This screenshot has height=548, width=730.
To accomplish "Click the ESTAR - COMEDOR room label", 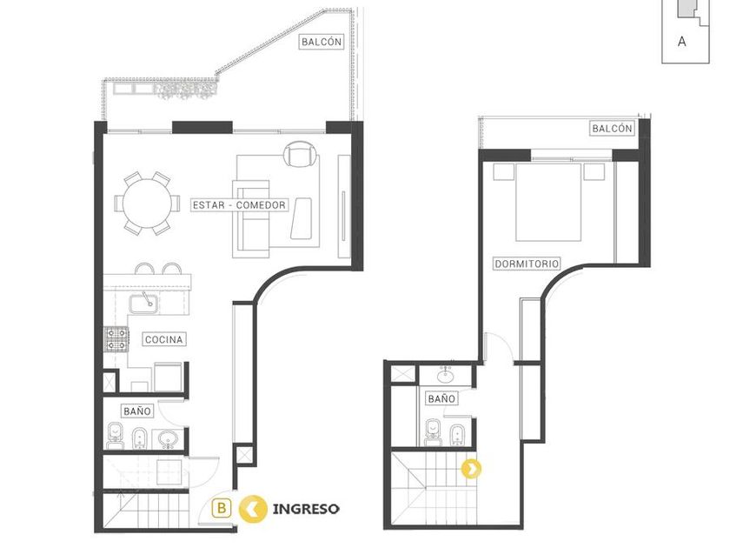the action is coord(239,205).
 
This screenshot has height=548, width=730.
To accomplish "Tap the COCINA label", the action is coord(164,339).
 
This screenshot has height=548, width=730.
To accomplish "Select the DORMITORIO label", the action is coord(527,264).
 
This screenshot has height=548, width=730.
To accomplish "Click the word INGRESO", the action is coord(306,509).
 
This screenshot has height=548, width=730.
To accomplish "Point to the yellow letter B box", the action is coord(222,508).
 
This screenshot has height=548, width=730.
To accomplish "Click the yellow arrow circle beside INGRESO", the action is coord(253,509).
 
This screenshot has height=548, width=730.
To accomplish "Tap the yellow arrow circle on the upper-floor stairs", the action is coord(472,469).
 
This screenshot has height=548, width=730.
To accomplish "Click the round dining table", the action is coord(147,204).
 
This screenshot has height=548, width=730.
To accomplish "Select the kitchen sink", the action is coord(143,304).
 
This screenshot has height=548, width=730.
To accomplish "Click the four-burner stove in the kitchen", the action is coord(116,338).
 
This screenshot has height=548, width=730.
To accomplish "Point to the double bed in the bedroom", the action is coord(548,202).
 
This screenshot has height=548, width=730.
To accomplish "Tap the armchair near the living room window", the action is coord(301,154).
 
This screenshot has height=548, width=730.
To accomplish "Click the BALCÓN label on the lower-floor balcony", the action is coord(322,42).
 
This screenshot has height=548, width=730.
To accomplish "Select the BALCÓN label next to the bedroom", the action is coord(612,128).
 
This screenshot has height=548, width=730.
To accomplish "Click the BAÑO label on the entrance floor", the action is coord(137,411).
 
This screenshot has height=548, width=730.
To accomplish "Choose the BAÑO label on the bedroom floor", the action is coord(441,399).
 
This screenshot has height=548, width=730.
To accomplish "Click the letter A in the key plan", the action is coord(682,42).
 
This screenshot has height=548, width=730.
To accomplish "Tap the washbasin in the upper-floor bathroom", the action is coord(446,374).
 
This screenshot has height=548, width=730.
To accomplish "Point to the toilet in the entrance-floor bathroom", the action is coord(115,435).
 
